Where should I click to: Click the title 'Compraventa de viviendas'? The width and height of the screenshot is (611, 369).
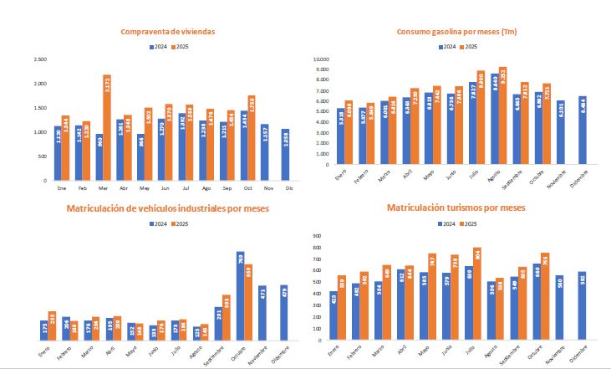click(168, 32)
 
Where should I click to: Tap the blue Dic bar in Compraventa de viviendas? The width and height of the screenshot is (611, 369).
click(286, 155)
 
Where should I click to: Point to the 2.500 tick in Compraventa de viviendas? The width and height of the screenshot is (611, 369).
click(40, 59)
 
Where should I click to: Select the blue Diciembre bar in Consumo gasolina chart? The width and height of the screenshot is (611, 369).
click(582, 130)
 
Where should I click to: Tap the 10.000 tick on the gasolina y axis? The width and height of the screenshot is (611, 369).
click(322, 60)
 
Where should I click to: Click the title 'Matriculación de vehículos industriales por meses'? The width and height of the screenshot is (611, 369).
click(168, 208)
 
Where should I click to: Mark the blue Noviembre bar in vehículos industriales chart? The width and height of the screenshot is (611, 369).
click(262, 313)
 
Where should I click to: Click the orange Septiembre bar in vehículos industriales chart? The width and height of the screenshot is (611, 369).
click(227, 318)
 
